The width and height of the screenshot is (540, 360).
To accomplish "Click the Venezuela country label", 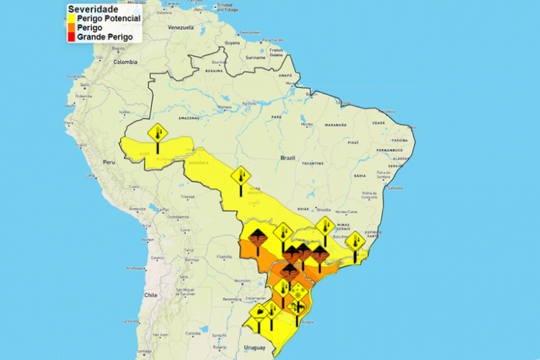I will (181, 27).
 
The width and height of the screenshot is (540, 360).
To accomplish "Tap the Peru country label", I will (108, 162).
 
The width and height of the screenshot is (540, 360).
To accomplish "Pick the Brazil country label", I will (288, 157).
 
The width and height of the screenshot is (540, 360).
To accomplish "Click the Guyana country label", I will (233, 43).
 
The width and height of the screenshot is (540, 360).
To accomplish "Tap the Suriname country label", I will (256, 57).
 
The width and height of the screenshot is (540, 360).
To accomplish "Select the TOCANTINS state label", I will (312, 163).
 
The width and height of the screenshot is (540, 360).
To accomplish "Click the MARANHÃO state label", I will (336, 125).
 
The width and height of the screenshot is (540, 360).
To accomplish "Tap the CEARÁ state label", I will (379, 123).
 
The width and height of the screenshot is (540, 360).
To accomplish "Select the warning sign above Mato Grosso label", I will (240, 176).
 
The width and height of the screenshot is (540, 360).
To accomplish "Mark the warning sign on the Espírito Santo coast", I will (354, 242).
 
